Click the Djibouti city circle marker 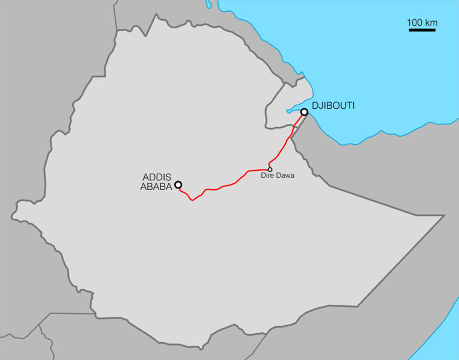tap(305, 112)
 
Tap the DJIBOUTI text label tap(333, 105)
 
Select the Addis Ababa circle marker tap(178, 185)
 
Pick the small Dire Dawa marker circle tap(270, 169)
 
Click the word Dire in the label tap(267, 176)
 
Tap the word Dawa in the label tap(284, 176)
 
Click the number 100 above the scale tap(415, 23)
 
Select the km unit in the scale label tap(430, 23)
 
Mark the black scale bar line tap(422, 29)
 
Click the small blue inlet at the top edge tap(208, 4)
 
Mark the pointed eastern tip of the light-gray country tap(443, 215)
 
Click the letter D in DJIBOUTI tap(315, 105)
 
